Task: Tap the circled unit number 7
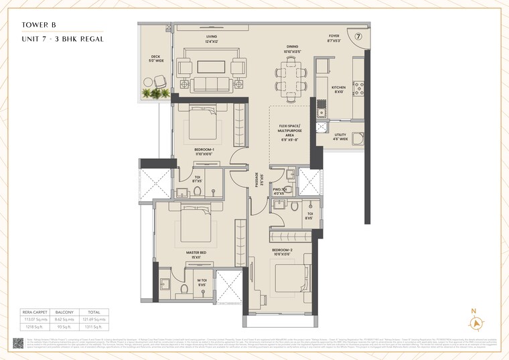[x=358, y=36]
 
